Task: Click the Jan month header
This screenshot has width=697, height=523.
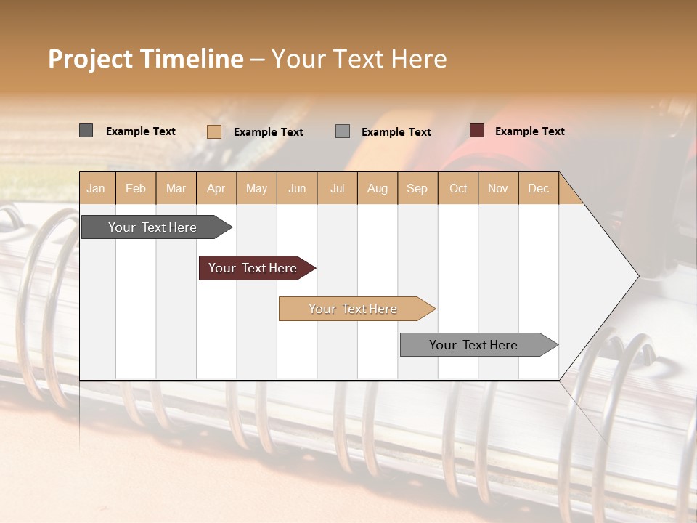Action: click(x=96, y=189)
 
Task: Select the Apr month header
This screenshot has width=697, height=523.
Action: click(x=216, y=189)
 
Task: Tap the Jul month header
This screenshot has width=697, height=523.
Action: click(x=337, y=189)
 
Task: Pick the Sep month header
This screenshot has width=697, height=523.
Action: click(x=417, y=189)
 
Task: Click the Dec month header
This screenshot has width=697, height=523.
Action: click(x=538, y=189)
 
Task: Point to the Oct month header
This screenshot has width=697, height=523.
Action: click(x=458, y=189)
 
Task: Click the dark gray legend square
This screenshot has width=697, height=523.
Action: click(x=86, y=131)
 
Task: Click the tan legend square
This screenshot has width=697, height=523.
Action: click(x=213, y=131)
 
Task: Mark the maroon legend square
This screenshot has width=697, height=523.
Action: click(x=476, y=131)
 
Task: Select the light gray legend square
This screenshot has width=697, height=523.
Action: click(x=343, y=131)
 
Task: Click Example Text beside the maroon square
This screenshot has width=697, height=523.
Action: click(x=529, y=131)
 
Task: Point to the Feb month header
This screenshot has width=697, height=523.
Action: click(x=136, y=189)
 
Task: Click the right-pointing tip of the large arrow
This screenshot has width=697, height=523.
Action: click(x=636, y=275)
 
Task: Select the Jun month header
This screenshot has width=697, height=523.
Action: click(x=297, y=189)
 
